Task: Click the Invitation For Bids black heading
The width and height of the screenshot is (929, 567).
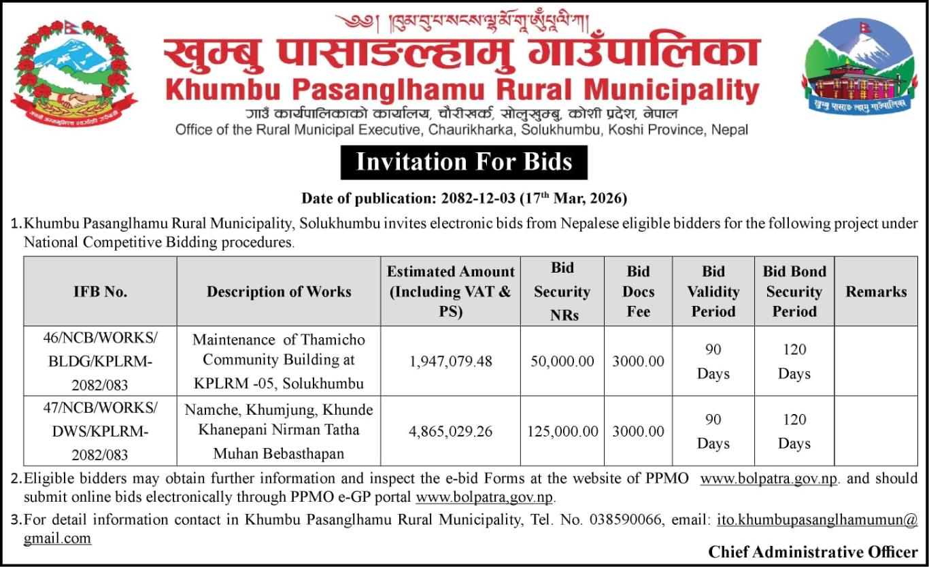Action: tap(464, 162)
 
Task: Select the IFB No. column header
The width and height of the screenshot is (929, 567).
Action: tap(100, 292)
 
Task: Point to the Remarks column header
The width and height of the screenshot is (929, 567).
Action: tap(876, 292)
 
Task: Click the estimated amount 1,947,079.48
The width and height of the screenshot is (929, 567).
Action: tap(450, 361)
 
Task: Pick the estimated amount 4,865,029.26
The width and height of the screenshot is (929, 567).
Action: tap(450, 431)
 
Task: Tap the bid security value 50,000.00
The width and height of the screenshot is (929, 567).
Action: tap(562, 361)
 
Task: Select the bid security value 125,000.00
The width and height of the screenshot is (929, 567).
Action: tap(562, 431)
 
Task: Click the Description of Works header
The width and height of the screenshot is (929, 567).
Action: tap(279, 292)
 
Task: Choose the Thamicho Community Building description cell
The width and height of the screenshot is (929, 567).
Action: tap(279, 361)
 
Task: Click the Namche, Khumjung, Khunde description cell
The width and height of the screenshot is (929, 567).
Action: tap(279, 431)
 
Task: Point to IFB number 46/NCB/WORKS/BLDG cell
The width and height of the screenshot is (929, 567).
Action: tap(100, 361)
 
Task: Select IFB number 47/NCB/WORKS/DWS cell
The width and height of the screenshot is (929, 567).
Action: tap(100, 431)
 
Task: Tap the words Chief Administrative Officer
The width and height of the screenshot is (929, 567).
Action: tap(813, 551)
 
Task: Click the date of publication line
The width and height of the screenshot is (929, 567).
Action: tap(464, 199)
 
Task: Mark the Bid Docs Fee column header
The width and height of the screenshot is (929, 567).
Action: tap(638, 292)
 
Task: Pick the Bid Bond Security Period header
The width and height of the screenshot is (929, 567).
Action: tap(794, 292)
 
